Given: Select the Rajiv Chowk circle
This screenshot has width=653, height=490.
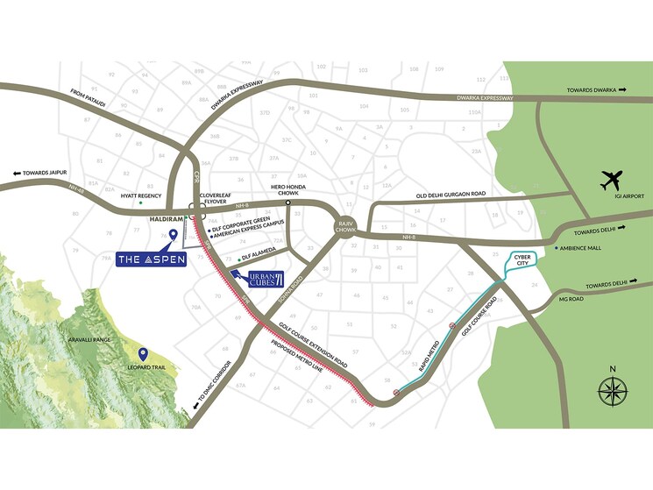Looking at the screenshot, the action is (x=344, y=226).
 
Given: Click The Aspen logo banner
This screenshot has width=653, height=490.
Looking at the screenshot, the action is (x=153, y=259).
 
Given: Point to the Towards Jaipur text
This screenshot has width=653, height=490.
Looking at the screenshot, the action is (x=43, y=173).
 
